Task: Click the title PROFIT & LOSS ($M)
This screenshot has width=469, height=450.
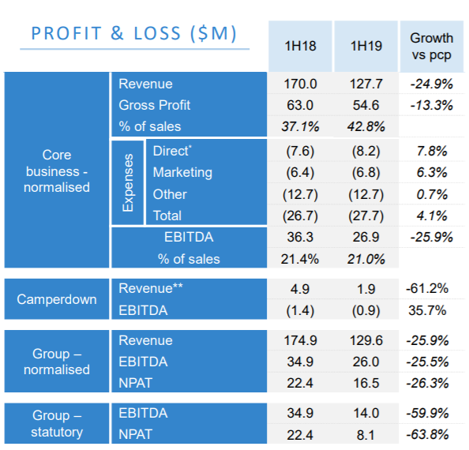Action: tap(134, 33)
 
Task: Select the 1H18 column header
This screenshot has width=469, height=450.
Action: tap(300, 46)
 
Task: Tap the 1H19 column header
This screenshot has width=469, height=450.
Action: tap(366, 46)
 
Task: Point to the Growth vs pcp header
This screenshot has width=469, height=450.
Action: tap(432, 47)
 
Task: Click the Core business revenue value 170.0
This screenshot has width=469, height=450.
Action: tap(300, 84)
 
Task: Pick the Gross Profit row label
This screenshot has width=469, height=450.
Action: tap(154, 105)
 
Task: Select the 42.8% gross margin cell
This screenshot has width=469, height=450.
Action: tap(366, 126)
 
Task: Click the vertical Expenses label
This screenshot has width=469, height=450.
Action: tap(128, 182)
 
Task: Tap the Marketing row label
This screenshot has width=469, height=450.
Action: tap(182, 173)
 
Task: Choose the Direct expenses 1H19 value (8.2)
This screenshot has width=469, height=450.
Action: tap(366, 151)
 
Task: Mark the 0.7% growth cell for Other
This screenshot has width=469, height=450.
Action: tap(432, 195)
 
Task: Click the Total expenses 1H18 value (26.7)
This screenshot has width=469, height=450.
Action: tap(300, 216)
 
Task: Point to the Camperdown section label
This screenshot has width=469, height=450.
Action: tap(57, 299)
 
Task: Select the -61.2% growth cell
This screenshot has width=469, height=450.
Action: tap(427, 288)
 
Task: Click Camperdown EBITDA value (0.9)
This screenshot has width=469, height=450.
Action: tap(366, 311)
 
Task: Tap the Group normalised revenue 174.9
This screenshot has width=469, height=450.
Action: tap(300, 340)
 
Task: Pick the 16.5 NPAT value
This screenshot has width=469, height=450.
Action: tap(366, 383)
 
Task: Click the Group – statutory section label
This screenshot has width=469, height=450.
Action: tap(57, 424)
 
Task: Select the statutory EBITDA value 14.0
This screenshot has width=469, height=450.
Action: tap(366, 413)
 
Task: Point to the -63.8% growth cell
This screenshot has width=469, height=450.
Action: tap(427, 434)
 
